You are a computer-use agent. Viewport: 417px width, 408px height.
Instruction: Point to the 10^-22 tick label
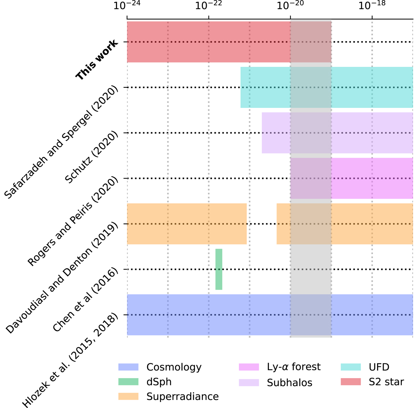point(208,6)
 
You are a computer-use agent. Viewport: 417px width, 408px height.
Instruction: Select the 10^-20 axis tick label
point(290,6)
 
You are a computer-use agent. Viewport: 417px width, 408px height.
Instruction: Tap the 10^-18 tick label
point(372,6)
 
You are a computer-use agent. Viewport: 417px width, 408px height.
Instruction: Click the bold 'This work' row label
point(97,60)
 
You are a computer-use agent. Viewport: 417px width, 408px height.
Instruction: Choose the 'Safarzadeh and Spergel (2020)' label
point(62,142)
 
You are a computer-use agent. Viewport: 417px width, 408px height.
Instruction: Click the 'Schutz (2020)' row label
point(92,158)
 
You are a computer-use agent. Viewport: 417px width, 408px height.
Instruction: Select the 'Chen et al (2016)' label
point(85,300)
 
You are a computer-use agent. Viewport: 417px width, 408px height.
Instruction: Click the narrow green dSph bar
point(219,269)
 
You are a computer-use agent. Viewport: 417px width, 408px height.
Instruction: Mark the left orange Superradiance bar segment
point(187,223)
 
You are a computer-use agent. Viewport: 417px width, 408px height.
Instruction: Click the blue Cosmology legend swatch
point(128,367)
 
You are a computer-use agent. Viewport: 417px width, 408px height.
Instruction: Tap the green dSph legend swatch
point(128,382)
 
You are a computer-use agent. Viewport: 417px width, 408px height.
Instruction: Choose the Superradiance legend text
point(182,397)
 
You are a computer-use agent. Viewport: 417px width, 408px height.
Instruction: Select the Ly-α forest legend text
point(294,367)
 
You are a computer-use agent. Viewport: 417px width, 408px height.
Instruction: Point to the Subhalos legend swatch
point(249,382)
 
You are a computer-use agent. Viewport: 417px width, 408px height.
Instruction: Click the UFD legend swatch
point(351,367)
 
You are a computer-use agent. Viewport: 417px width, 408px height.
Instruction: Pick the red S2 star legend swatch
point(351,382)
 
